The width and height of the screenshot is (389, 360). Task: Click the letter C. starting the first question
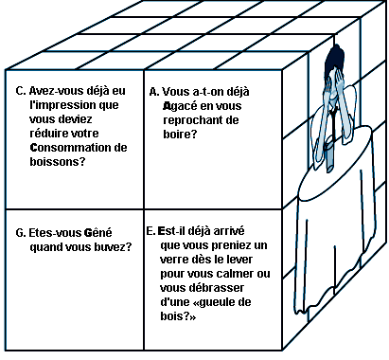pos(21,91)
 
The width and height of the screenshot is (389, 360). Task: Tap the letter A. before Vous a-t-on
pos(154,92)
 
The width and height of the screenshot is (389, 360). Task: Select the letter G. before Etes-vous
pos(21,233)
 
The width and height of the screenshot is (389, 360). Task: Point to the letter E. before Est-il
pos(151,231)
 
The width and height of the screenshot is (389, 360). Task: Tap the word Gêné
pos(97,232)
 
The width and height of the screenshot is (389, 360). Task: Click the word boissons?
pos(58,162)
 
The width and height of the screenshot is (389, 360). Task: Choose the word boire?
pos(180,135)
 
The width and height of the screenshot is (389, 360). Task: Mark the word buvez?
pos(113,247)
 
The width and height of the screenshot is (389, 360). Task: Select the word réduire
pos(47,134)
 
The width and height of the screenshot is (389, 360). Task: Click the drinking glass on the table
pos(329,154)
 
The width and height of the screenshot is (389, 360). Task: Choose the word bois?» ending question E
pos(178,316)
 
